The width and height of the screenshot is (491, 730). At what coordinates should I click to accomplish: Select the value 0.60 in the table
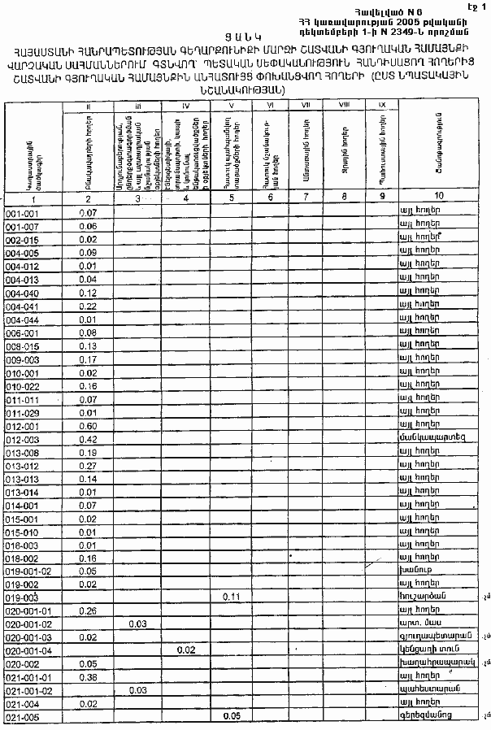pos(89,425)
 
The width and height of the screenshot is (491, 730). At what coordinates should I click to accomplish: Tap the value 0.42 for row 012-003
pos(89,439)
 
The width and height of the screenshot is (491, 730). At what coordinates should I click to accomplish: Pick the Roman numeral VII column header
pos(306,106)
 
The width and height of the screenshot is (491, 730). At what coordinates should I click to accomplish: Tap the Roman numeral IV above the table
pos(186,106)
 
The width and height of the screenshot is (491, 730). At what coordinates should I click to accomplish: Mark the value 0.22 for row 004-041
pos(89,306)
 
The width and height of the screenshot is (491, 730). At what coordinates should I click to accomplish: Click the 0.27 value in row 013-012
pos(89,466)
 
